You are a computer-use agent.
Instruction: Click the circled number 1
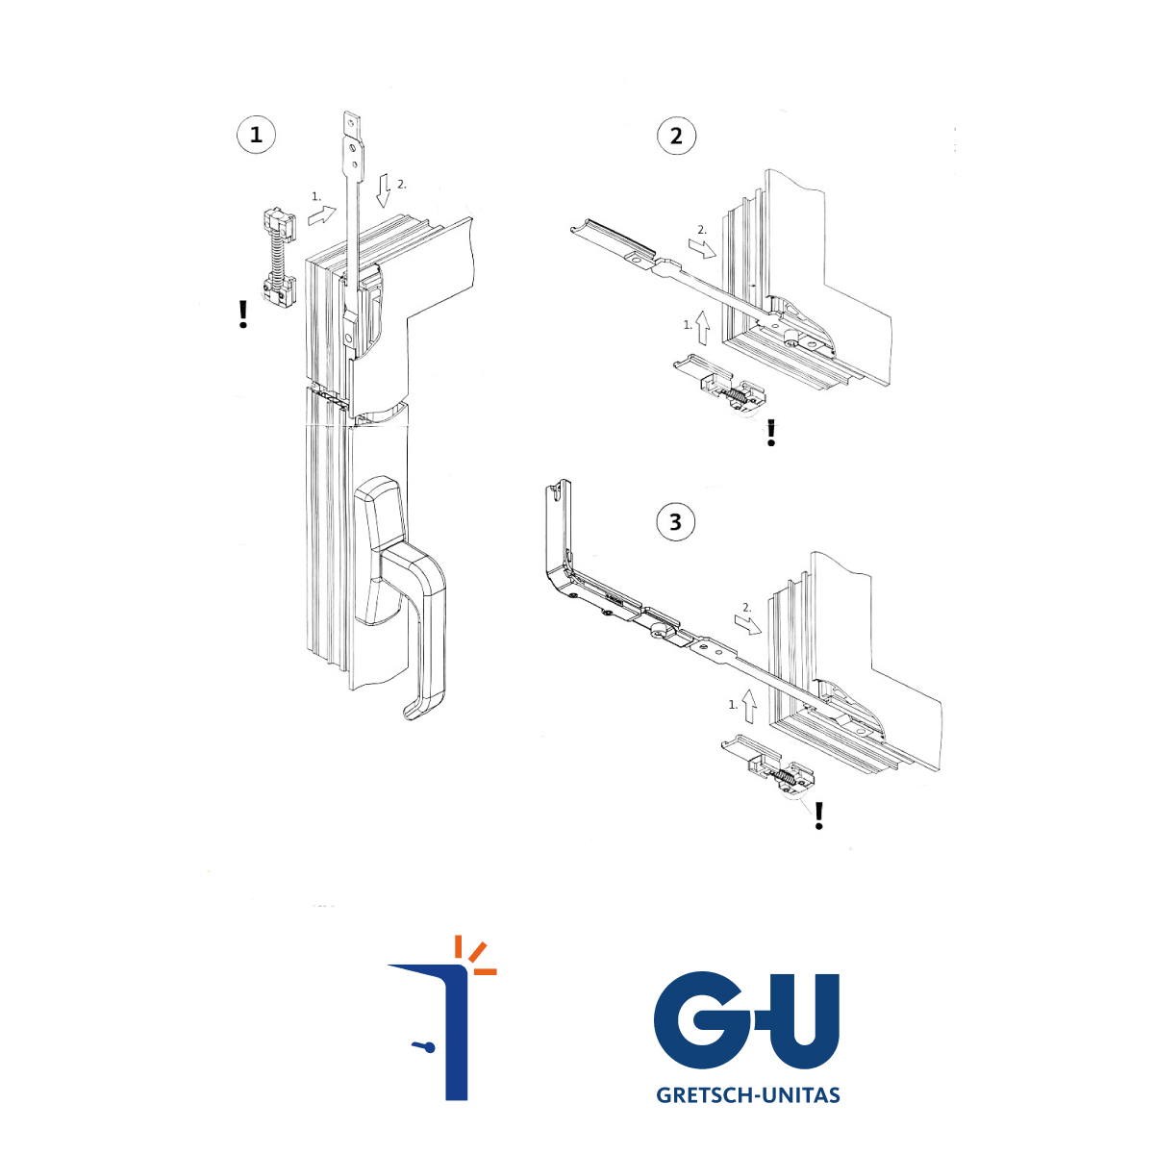pos(257,135)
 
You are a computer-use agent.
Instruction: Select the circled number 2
pos(676,136)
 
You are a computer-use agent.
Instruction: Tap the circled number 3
pos(676,521)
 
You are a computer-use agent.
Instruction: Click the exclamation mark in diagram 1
pos(242,314)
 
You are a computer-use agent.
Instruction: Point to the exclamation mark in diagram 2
pos(771,433)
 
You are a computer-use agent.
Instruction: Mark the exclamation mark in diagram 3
pos(819,815)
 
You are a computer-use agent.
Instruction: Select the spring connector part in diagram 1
pos(279,258)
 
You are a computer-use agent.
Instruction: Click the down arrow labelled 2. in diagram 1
pos(384,190)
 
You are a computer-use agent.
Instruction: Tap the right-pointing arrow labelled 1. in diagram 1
pos(322,215)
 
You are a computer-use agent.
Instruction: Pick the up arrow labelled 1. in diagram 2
pos(702,327)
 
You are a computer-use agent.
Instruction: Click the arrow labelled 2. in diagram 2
pos(702,248)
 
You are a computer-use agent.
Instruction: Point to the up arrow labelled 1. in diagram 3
pos(748,706)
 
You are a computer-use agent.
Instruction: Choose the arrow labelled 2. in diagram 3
pos(748,626)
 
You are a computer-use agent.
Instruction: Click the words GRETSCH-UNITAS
pos(748,1094)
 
